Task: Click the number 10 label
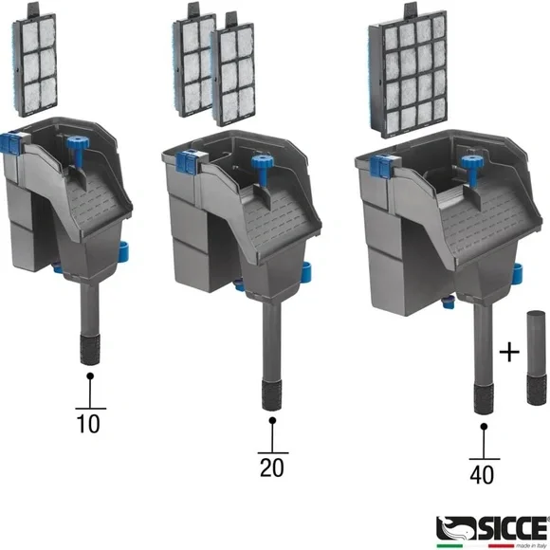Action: (x=88, y=424)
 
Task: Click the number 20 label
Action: (x=271, y=467)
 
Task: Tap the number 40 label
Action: (x=482, y=473)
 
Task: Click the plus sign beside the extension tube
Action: (x=509, y=352)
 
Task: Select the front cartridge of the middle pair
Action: (x=238, y=77)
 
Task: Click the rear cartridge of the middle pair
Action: (x=196, y=64)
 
